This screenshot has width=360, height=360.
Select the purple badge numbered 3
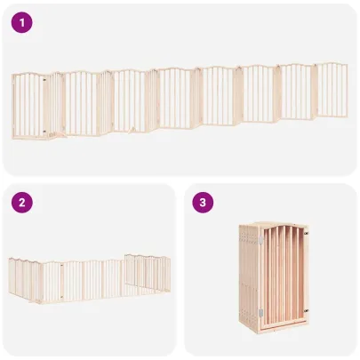click(204, 203)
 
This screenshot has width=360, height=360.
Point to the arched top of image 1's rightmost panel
click(332, 65)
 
